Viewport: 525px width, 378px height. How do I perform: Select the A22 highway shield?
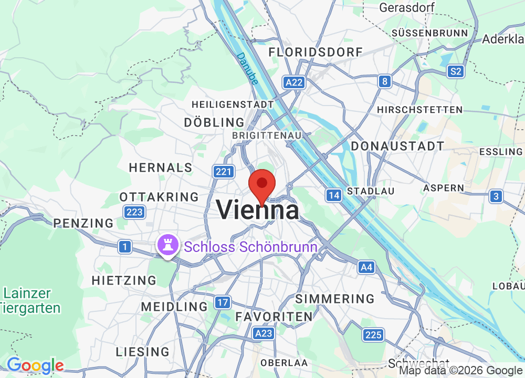pos(293,82)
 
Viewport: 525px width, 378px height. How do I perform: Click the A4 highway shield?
pos(366,268)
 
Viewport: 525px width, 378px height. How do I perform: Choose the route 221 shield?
pos(223,171)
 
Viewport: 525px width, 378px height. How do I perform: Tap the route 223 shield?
pos(134,212)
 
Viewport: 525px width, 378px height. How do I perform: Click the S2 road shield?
pos(455,71)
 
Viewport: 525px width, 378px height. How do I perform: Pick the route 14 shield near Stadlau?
pos(333,196)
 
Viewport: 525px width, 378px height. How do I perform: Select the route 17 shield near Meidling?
pos(223,302)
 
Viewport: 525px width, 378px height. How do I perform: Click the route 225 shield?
pos(373,334)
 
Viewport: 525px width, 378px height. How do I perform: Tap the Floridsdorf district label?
pos(316,52)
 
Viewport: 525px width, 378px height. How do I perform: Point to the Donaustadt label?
pos(397,146)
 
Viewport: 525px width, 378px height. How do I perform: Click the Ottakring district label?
pos(159,197)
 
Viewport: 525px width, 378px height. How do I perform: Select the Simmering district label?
pos(335,299)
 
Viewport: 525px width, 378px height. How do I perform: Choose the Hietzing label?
pos(124,280)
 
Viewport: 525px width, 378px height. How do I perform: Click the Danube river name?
pos(247,68)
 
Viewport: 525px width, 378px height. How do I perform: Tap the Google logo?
pos(35,365)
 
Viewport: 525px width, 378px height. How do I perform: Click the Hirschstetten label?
pos(420,110)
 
